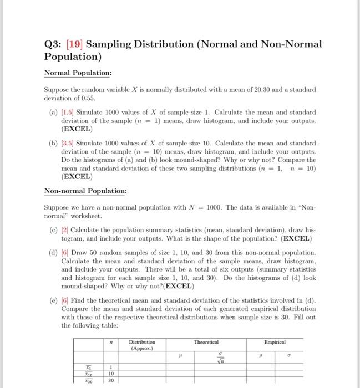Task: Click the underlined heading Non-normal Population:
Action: (85, 191)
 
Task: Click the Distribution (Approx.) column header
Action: (142, 345)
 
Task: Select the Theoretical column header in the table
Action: (207, 343)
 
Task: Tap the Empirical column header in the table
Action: (275, 343)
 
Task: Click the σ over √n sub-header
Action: (222, 357)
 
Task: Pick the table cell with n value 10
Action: (111, 374)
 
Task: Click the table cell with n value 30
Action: (111, 381)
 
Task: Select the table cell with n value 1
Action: (111, 367)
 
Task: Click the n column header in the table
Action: (111, 344)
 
